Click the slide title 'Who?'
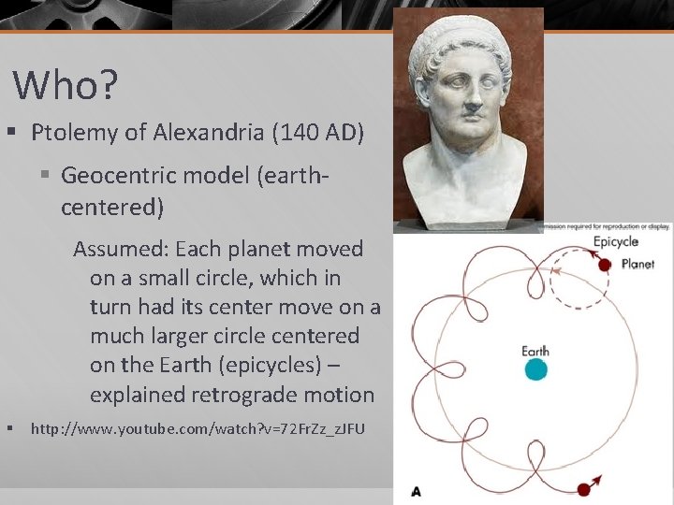[66, 85]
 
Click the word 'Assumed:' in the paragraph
[120, 249]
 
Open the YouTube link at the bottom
[198, 429]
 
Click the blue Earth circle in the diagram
[535, 369]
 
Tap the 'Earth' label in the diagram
[535, 352]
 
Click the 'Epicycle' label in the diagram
[615, 242]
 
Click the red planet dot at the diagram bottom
[585, 488]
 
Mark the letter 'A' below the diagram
[416, 490]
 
